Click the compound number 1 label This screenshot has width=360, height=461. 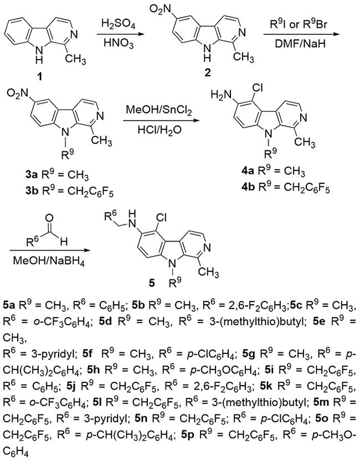tap(39, 78)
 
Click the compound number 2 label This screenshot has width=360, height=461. tap(208, 73)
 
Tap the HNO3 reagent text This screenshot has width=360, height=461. tap(119, 44)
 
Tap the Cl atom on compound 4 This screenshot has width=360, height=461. tap(255, 88)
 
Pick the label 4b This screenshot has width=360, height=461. tap(247, 187)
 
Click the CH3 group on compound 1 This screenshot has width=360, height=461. tap(75, 59)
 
